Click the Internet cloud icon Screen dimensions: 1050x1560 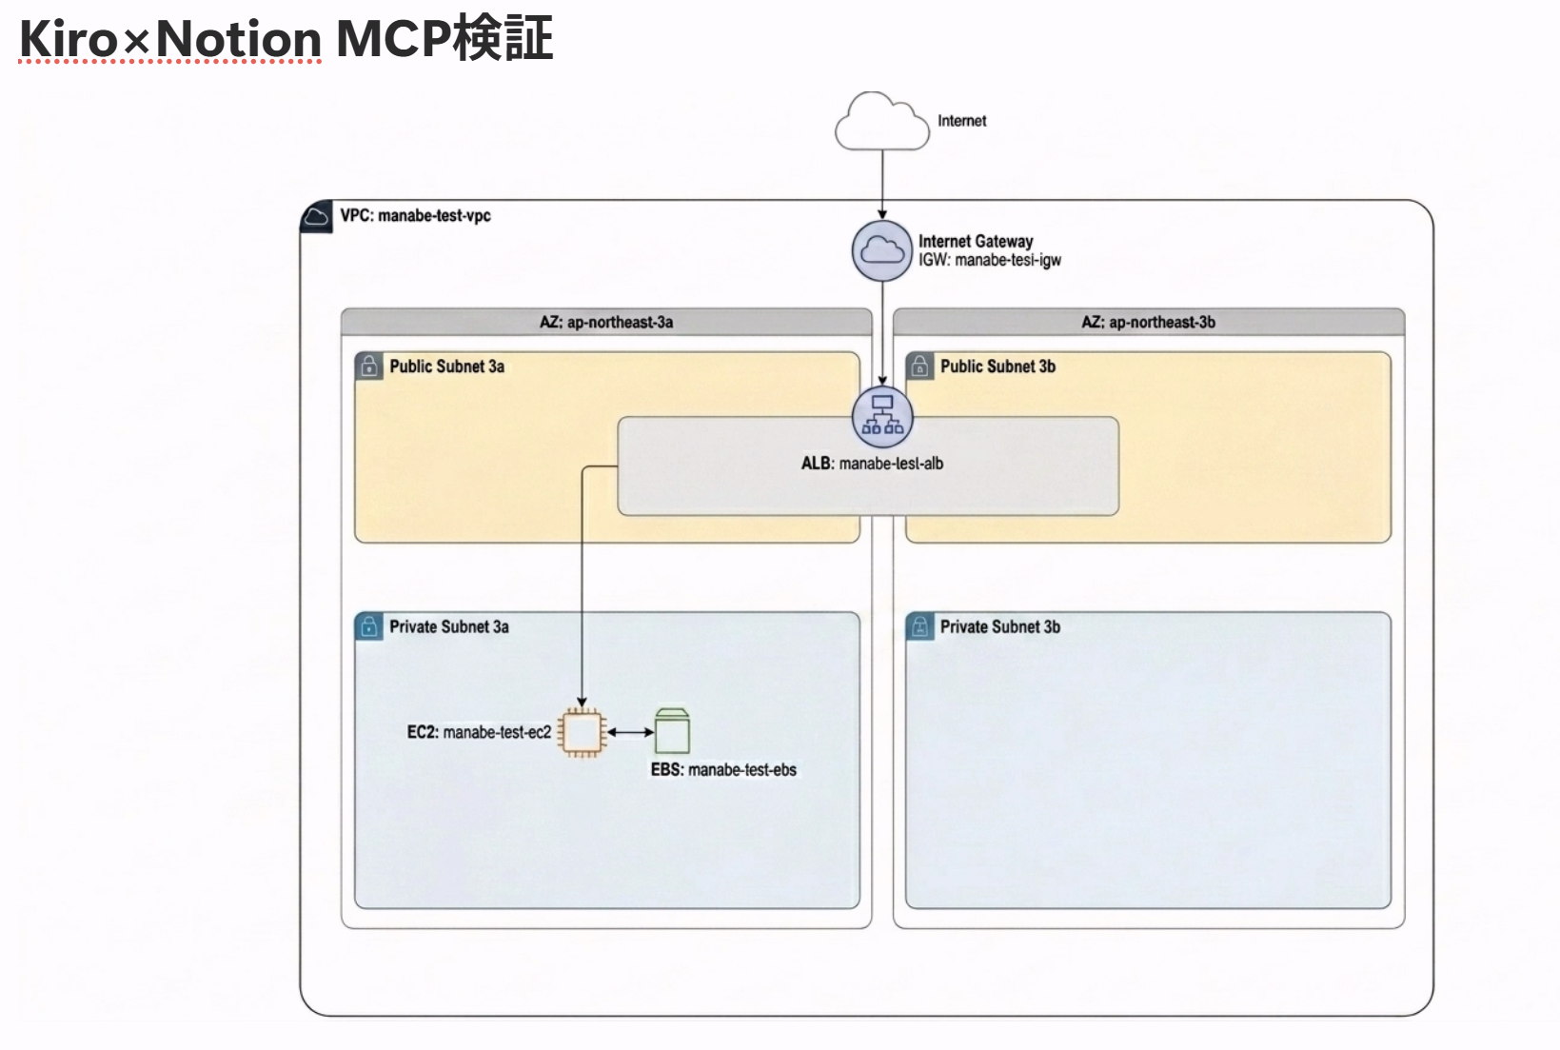(x=881, y=123)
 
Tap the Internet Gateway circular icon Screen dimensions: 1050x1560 (x=882, y=251)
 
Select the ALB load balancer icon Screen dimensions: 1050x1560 (x=882, y=416)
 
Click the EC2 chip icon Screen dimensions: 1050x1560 (x=583, y=732)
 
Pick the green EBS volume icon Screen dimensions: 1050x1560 (x=672, y=731)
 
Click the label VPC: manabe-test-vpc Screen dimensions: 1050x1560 (x=415, y=216)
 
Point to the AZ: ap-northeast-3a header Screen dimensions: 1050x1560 (x=606, y=322)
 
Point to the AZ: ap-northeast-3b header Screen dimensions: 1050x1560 (x=1148, y=322)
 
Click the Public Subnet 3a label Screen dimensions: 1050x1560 (x=446, y=367)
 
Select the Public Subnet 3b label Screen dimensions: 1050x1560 (x=997, y=367)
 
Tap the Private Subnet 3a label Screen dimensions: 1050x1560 (x=448, y=626)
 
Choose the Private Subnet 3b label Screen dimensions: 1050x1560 (x=999, y=626)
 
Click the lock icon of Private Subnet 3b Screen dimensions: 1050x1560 (x=919, y=626)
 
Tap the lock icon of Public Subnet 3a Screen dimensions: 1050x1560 (x=368, y=367)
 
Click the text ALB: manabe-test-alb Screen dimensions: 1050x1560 (x=872, y=464)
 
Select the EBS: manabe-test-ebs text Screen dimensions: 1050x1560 (x=723, y=770)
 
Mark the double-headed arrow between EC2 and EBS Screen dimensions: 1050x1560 (x=630, y=732)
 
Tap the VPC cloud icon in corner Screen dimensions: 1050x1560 (x=316, y=218)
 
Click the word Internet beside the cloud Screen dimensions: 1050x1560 (x=961, y=121)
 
